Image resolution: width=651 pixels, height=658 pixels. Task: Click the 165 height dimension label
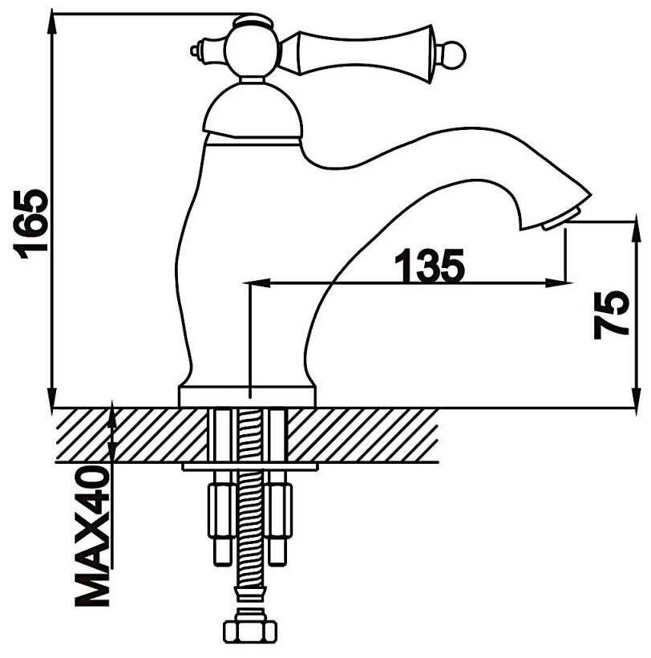coord(31,224)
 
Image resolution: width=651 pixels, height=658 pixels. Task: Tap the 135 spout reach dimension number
coord(430,266)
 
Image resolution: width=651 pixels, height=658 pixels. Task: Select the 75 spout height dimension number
coord(612,315)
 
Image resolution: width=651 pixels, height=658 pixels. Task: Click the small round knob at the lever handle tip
coord(455,55)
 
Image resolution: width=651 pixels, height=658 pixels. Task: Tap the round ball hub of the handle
coord(252,51)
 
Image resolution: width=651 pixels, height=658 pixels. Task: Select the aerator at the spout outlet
coord(562,217)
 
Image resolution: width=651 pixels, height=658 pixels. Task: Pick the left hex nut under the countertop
coord(222,510)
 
